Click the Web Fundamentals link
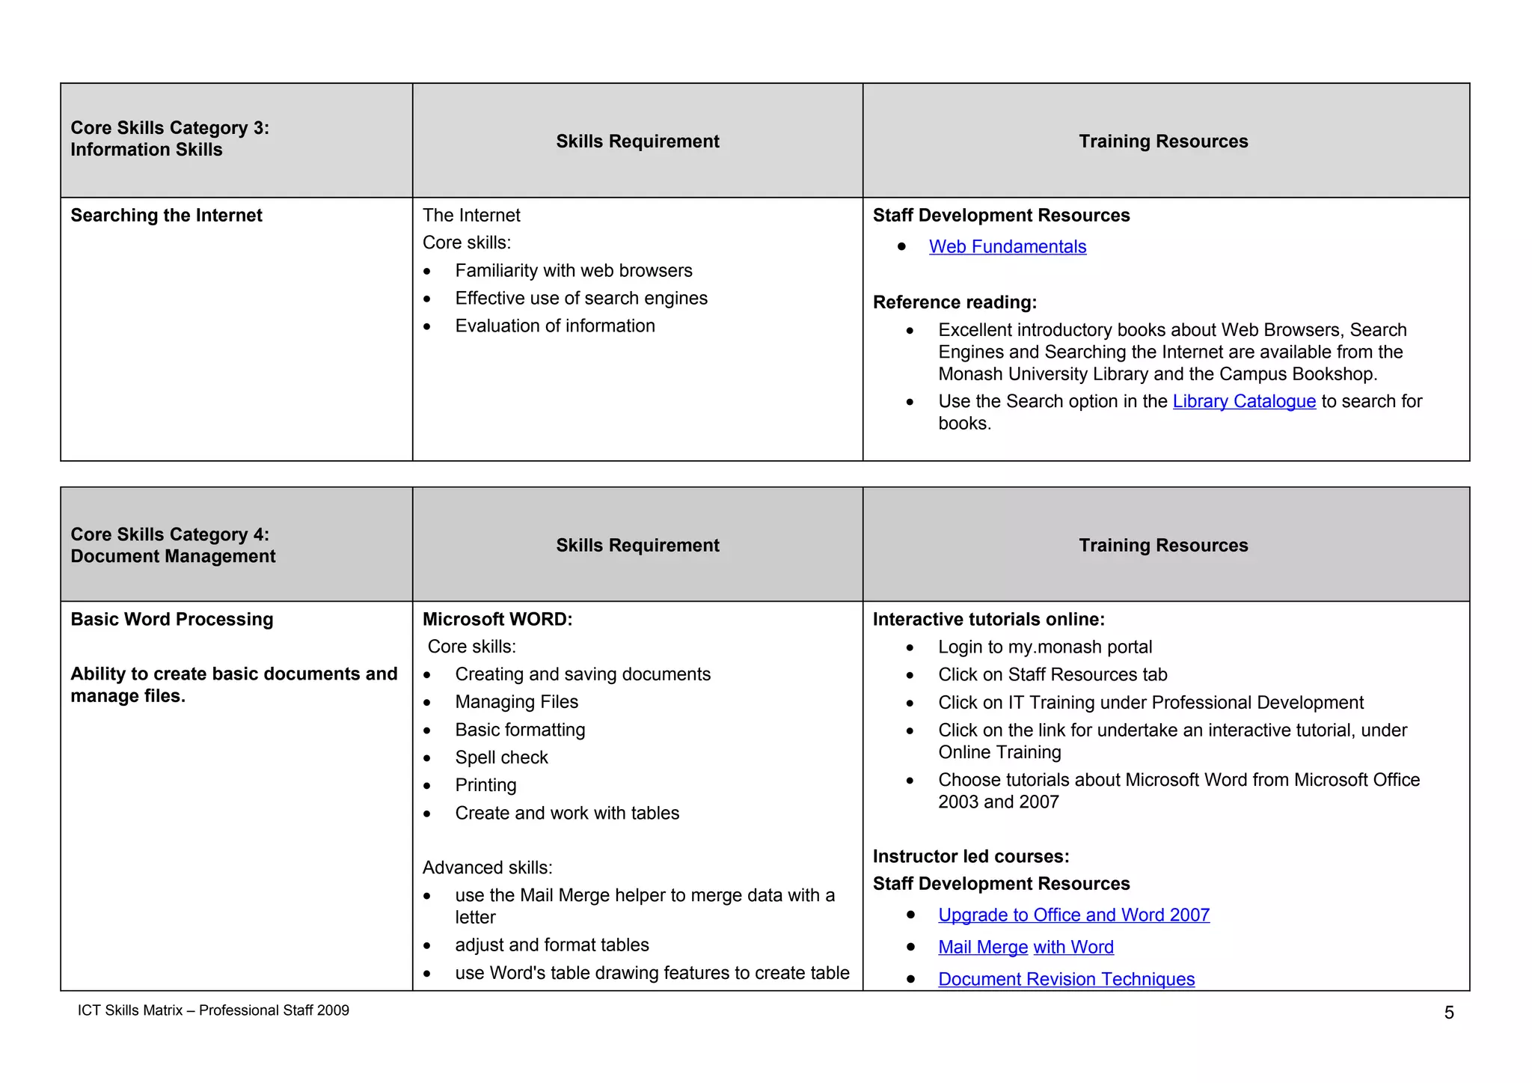pyautogui.click(x=1007, y=247)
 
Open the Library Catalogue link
pyautogui.click(x=1243, y=402)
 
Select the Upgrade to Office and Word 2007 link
pyautogui.click(x=1073, y=915)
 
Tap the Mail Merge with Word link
pyautogui.click(x=1026, y=948)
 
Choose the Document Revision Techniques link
pyautogui.click(x=1066, y=980)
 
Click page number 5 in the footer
pyautogui.click(x=1449, y=1013)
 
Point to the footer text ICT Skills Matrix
pyautogui.click(x=213, y=1010)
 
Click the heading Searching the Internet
pyautogui.click(x=166, y=216)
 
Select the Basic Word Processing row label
pyautogui.click(x=172, y=620)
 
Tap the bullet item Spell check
pyautogui.click(x=501, y=757)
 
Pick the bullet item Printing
pyautogui.click(x=485, y=785)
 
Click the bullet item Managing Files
pyautogui.click(x=516, y=702)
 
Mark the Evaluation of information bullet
pyautogui.click(x=554, y=326)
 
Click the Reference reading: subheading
pyautogui.click(x=955, y=302)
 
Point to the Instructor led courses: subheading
pyautogui.click(x=971, y=856)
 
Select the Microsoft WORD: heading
pyautogui.click(x=497, y=620)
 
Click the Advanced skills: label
pyautogui.click(x=487, y=867)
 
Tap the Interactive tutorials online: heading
pyautogui.click(x=988, y=620)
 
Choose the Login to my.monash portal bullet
pyautogui.click(x=1044, y=647)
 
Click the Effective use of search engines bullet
pyautogui.click(x=580, y=299)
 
